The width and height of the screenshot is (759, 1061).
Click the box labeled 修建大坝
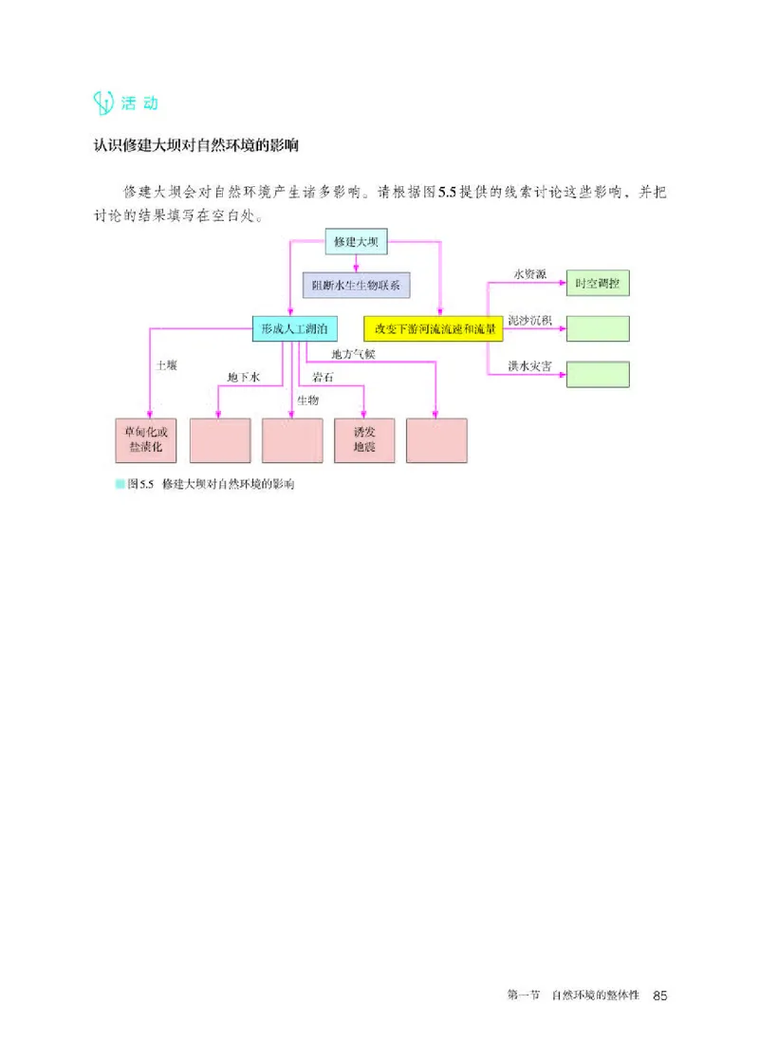pyautogui.click(x=357, y=242)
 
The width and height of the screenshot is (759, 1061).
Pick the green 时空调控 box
pyautogui.click(x=598, y=283)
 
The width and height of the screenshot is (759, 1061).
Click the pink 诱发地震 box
pyautogui.click(x=364, y=440)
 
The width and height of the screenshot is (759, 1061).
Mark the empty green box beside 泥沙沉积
pyautogui.click(x=598, y=329)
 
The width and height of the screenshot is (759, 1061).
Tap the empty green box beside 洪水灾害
pyautogui.click(x=598, y=374)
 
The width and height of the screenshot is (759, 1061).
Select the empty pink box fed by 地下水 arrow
pyautogui.click(x=220, y=440)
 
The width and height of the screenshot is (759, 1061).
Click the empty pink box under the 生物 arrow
pyautogui.click(x=292, y=440)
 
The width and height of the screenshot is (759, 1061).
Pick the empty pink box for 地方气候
pyautogui.click(x=436, y=440)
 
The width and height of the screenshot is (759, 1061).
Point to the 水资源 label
pyautogui.click(x=529, y=274)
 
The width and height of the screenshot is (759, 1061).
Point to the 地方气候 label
pyautogui.click(x=353, y=355)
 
